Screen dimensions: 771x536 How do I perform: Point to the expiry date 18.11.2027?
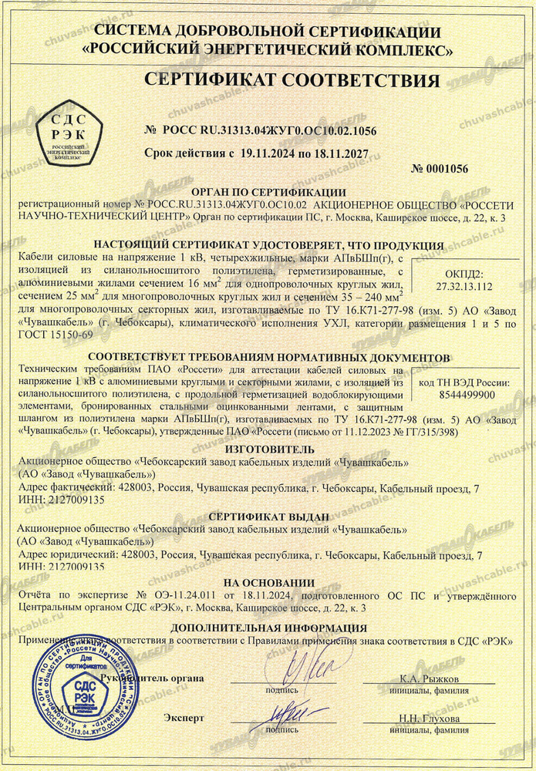352,153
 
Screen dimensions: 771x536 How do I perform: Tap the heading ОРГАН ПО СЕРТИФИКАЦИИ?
269,192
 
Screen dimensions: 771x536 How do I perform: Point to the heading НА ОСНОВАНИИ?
268,582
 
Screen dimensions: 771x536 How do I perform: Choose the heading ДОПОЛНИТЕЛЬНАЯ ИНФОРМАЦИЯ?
268,628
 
